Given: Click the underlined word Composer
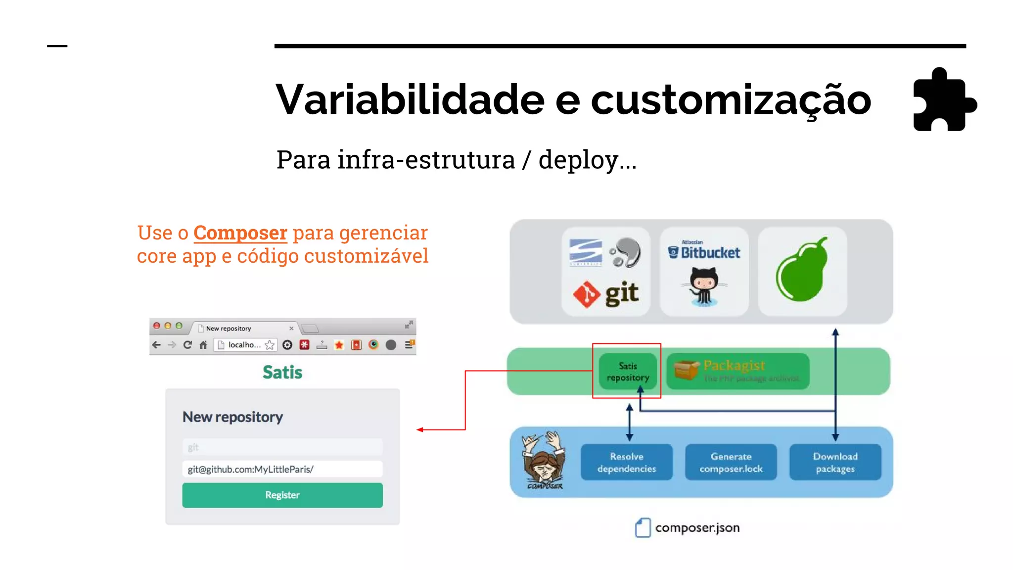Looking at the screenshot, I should pyautogui.click(x=240, y=233).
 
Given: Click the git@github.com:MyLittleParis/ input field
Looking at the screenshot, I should pyautogui.click(x=282, y=469).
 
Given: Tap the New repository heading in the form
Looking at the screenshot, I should pyautogui.click(x=232, y=417).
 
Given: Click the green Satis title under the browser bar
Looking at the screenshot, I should pyautogui.click(x=282, y=372).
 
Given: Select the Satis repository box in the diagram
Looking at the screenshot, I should pyautogui.click(x=628, y=372).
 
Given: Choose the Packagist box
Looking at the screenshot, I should pyautogui.click(x=737, y=371).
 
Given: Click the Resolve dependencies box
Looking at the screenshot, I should pyautogui.click(x=626, y=462).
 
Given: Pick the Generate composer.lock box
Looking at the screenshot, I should pyautogui.click(x=731, y=462).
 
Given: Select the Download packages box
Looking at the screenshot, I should pyautogui.click(x=835, y=462).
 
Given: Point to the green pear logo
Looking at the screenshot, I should pyautogui.click(x=801, y=271).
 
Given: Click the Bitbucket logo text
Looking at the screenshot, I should pyautogui.click(x=710, y=253).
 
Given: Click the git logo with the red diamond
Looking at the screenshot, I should pyautogui.click(x=606, y=294).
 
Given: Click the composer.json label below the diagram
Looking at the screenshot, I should pyautogui.click(x=697, y=528).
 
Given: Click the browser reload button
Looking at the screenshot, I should pyautogui.click(x=187, y=345).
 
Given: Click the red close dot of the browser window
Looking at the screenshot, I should pyautogui.click(x=157, y=326).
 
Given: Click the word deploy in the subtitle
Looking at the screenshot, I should pyautogui.click(x=578, y=160).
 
